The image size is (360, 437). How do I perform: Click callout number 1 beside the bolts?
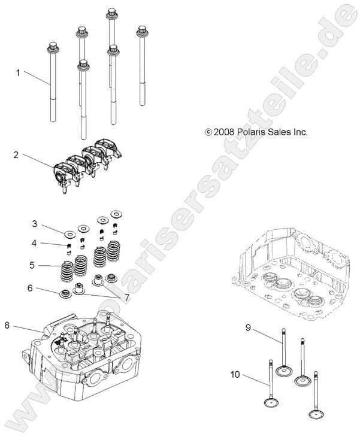18,72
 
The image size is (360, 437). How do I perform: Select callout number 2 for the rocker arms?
16,154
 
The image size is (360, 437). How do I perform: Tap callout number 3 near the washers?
35,223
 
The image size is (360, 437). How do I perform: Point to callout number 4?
35,242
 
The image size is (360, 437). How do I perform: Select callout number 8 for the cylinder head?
7,325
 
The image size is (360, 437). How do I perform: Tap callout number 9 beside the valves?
248,327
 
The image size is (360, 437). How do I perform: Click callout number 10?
235,375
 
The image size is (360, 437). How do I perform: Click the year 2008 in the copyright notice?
225,132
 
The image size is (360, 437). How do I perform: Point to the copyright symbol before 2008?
208,132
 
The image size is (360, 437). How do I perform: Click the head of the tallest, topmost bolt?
111,12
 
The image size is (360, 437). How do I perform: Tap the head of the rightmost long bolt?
143,30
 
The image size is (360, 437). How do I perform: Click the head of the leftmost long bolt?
53,45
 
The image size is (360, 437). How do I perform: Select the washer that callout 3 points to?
69,232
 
